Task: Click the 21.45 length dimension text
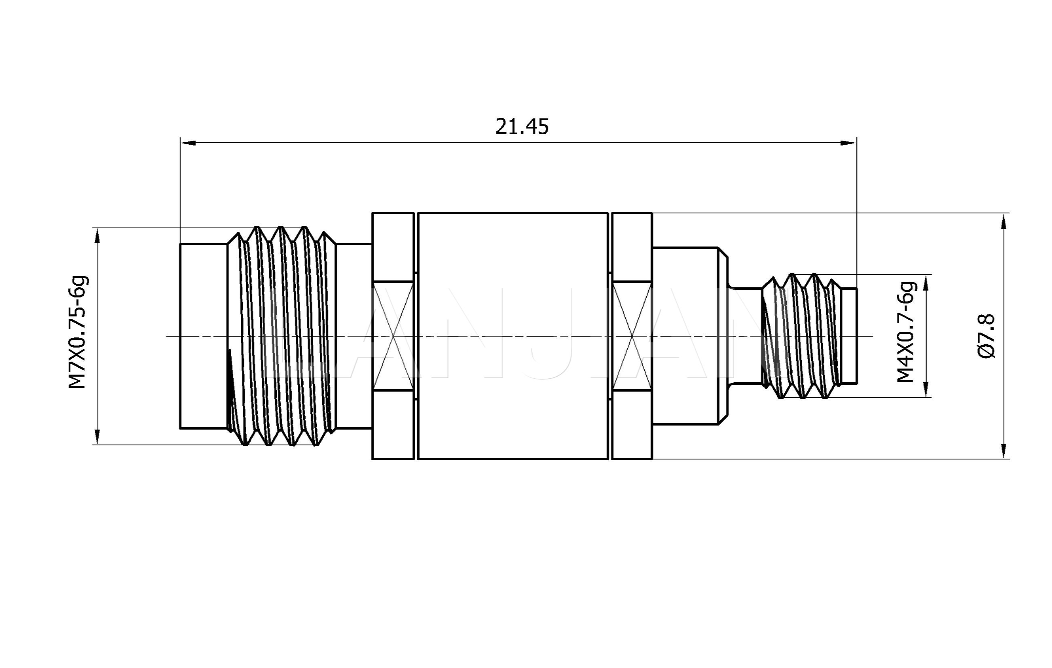click(x=522, y=127)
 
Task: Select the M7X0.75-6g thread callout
click(x=79, y=333)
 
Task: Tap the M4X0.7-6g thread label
click(x=906, y=333)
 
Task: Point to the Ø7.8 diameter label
click(x=987, y=336)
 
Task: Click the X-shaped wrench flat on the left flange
click(x=393, y=335)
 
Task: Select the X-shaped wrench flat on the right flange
click(x=632, y=335)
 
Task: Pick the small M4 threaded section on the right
click(x=802, y=335)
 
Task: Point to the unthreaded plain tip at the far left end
click(x=204, y=335)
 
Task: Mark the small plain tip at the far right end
click(x=849, y=335)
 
